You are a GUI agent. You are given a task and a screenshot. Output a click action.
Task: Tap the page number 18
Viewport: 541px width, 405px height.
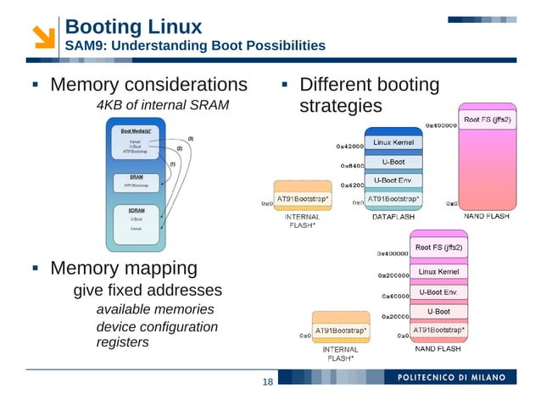pos(267,383)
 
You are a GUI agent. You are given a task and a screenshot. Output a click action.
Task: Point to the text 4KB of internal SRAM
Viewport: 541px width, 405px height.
pos(162,105)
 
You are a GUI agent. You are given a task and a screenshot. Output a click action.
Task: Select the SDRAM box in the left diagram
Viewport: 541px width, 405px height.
pos(136,222)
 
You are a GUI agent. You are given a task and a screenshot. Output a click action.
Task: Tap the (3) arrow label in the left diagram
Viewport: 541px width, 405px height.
pos(190,138)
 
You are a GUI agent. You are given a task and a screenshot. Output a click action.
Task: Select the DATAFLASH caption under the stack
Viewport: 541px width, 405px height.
pos(393,217)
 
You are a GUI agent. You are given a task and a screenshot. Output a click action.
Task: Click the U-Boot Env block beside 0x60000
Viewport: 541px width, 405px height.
pos(438,292)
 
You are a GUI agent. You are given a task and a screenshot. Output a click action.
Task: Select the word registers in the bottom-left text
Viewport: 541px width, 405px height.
pos(122,343)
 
